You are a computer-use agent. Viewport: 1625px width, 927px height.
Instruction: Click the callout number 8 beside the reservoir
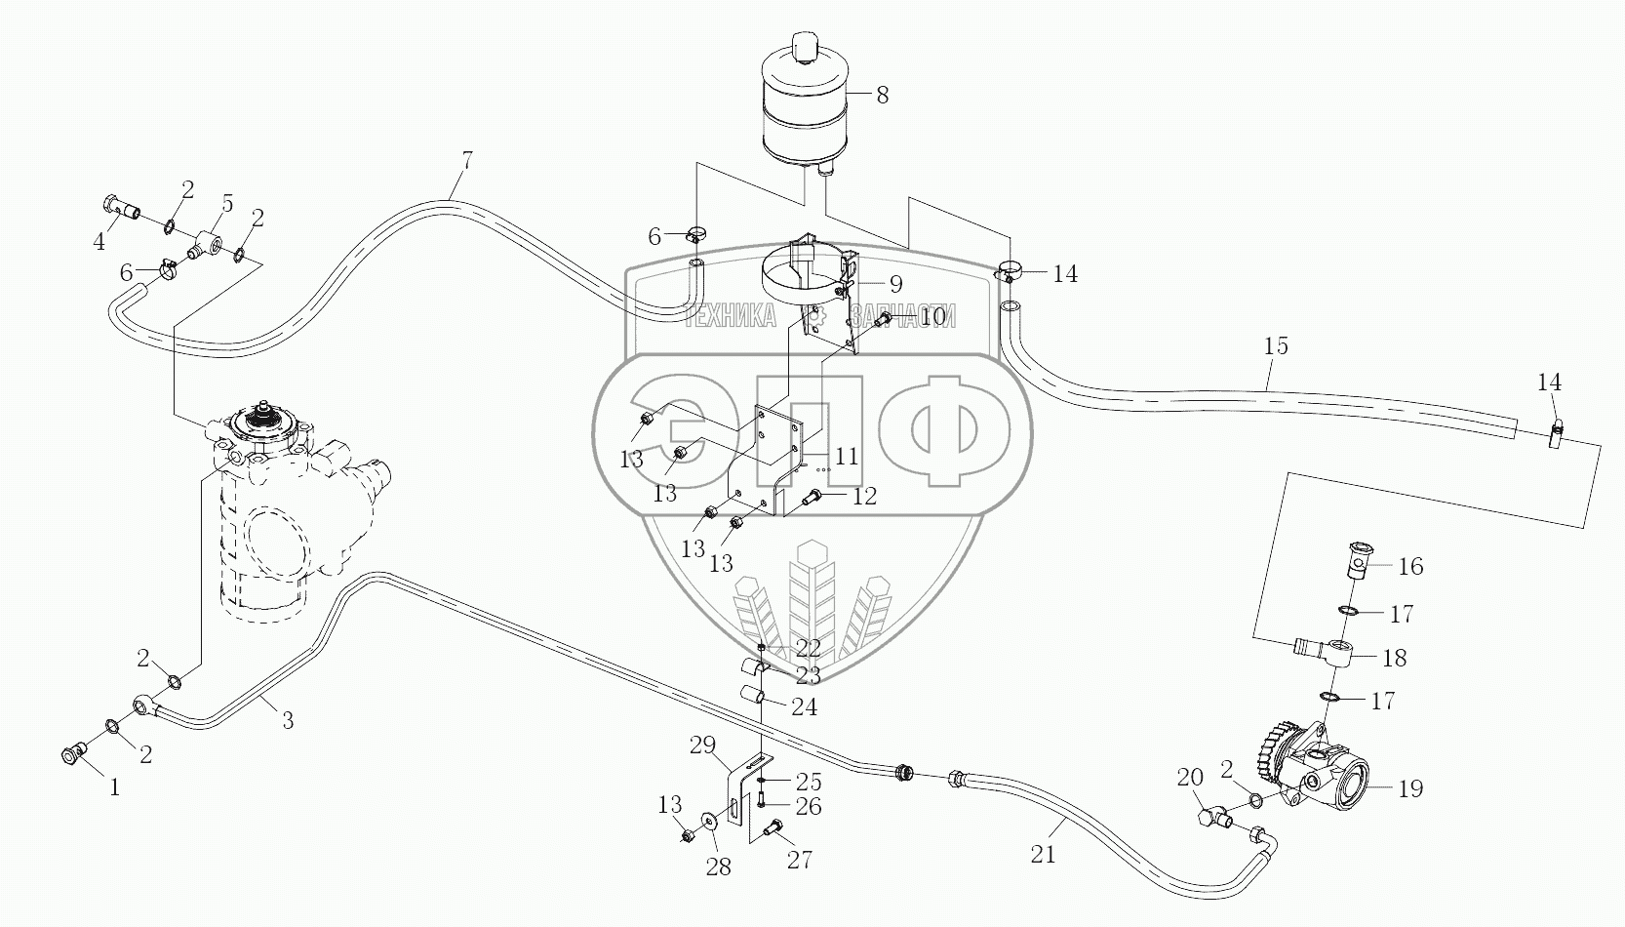(882, 95)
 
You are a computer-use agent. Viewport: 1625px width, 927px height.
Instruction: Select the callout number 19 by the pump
(1411, 788)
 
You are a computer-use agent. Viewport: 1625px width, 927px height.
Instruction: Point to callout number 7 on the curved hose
(466, 159)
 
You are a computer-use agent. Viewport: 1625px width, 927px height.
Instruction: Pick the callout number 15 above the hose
(1276, 346)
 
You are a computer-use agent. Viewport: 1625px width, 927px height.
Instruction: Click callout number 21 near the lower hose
(1044, 855)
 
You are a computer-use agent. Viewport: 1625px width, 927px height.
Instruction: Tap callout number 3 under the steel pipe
(287, 721)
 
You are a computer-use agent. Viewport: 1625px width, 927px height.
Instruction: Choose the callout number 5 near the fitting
(226, 204)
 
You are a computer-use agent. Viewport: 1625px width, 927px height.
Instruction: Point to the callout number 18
(1395, 658)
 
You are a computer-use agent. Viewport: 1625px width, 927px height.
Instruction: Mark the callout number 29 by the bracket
(702, 746)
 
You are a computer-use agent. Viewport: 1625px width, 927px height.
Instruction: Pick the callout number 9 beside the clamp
(895, 284)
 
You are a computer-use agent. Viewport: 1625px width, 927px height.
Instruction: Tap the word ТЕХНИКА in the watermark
(730, 315)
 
